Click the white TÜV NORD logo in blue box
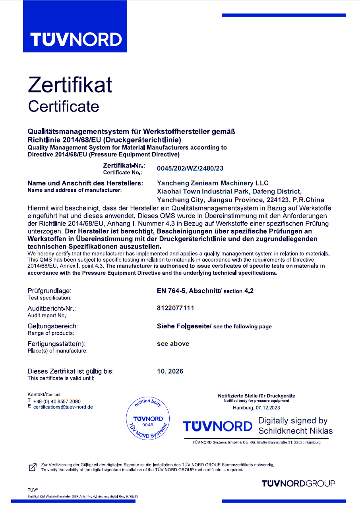[76, 40]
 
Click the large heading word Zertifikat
[70, 85]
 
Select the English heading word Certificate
[63, 106]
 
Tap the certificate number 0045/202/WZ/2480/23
[190, 168]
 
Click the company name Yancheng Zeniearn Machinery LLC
[213, 183]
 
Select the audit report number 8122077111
[176, 308]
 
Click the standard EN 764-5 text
[173, 291]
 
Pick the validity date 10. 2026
[170, 371]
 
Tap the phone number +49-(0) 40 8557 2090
[57, 401]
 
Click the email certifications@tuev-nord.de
[63, 407]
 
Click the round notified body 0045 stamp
[148, 419]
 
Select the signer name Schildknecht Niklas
[296, 431]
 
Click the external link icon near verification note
[33, 467]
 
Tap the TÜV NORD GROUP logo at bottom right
[298, 483]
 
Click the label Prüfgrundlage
[49, 291]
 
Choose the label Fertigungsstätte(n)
[56, 344]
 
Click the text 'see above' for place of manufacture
[173, 344]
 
